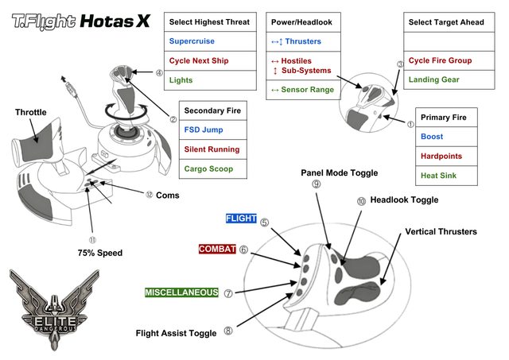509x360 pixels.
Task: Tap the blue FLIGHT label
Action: click(241, 218)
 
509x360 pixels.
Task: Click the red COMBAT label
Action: click(217, 250)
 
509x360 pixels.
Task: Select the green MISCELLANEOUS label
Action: click(181, 292)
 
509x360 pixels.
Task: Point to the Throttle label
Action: click(30, 113)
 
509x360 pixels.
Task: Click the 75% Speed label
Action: click(100, 253)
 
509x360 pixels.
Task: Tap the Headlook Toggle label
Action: click(404, 200)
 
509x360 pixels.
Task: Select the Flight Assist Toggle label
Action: click(176, 333)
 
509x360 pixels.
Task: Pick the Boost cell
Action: click(433, 136)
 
